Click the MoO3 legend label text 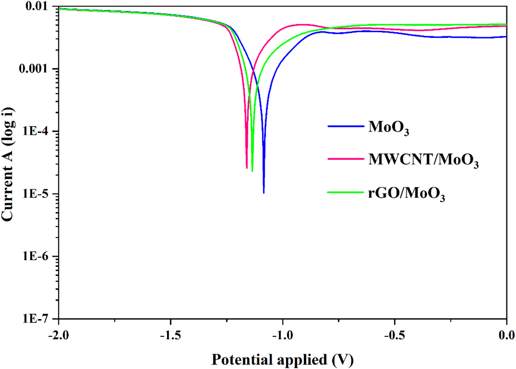388,127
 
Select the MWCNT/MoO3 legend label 423,160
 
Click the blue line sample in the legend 346,126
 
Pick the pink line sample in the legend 346,159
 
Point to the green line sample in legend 346,192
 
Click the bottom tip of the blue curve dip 264,193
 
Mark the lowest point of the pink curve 247,168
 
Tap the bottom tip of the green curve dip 252,171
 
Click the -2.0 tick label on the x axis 58,336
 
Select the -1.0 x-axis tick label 282,336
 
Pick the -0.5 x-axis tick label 394,336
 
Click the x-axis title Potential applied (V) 282,360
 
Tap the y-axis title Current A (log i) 8,164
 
